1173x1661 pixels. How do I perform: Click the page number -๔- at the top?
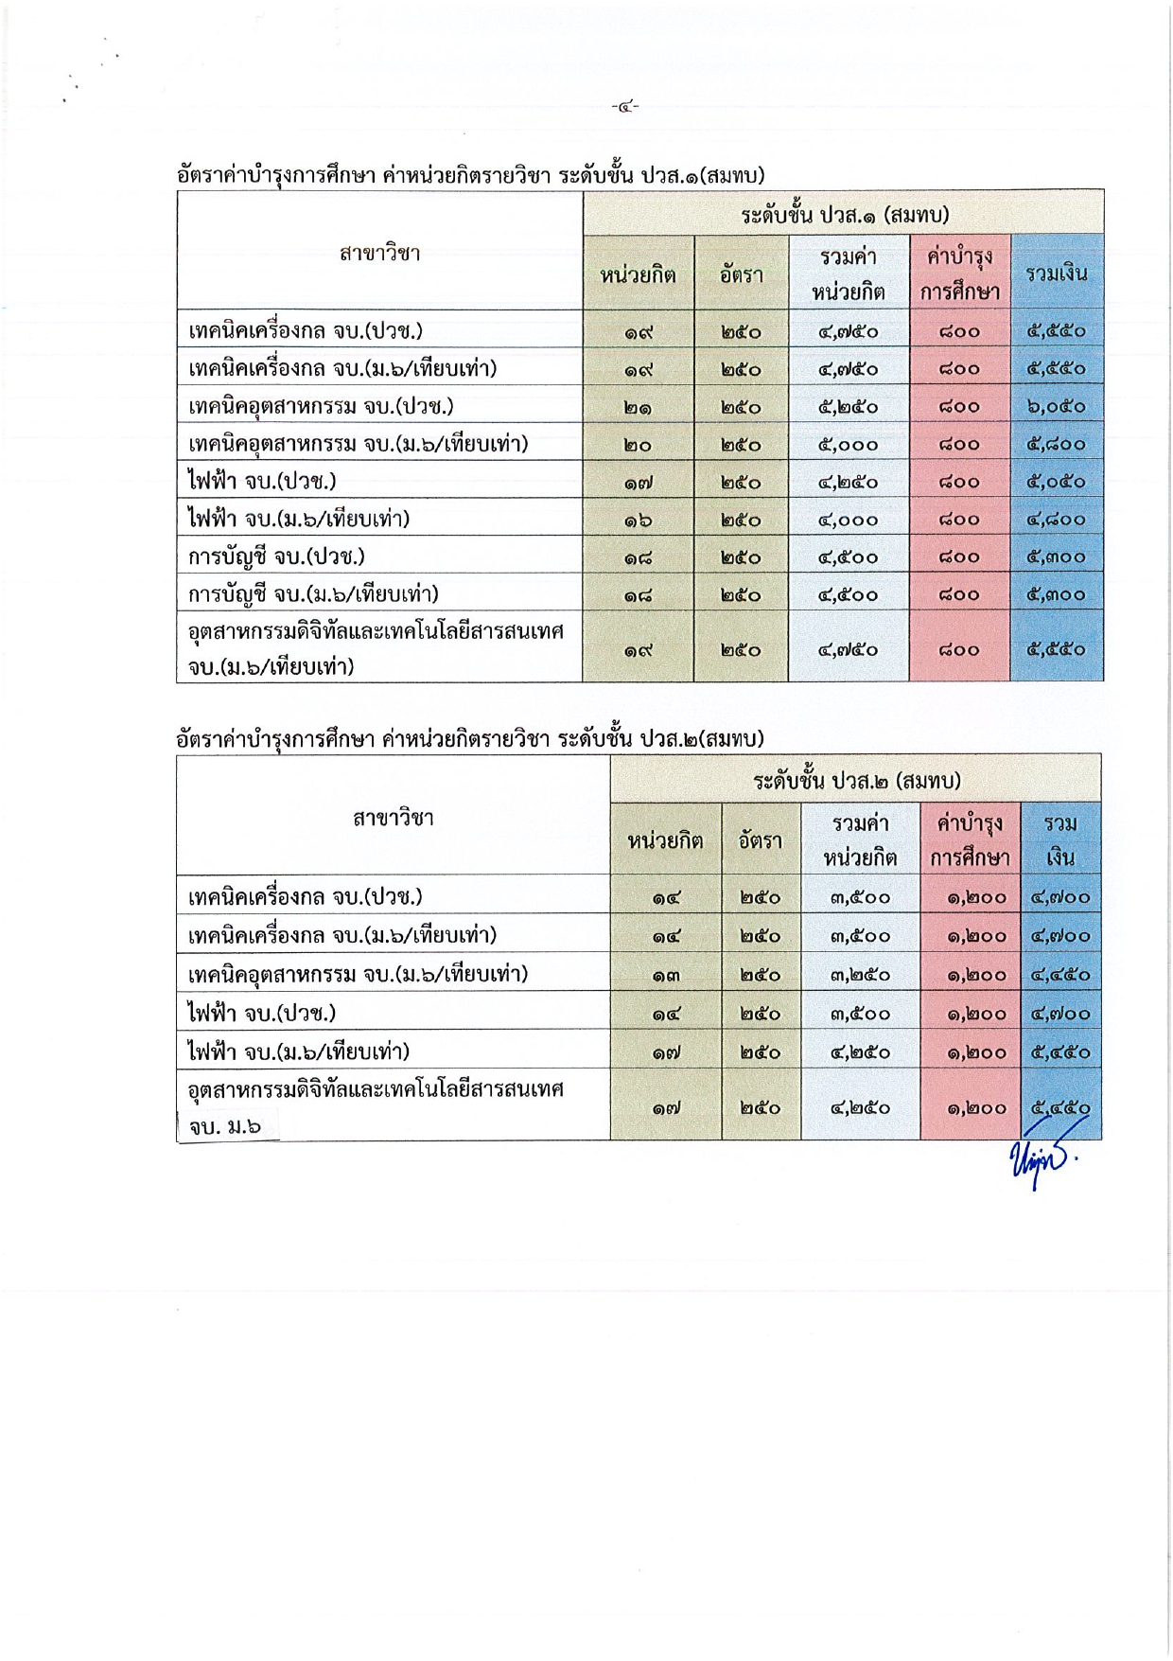[624, 107]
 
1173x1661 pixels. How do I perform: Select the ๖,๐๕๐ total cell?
[1057, 406]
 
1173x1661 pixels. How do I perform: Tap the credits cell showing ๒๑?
[638, 407]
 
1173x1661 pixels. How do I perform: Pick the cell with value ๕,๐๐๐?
[848, 444]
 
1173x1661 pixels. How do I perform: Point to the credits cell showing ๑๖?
[638, 520]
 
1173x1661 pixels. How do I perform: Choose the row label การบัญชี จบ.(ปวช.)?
[276, 557]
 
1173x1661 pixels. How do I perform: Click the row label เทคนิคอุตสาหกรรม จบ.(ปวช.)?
[321, 406]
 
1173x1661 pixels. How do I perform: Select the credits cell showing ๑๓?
[665, 974]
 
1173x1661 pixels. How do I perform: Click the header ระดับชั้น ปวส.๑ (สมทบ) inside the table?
[844, 215]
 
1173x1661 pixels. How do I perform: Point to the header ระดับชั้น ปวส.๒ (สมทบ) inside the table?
[856, 781]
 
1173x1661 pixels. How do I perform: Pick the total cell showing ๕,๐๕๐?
[1057, 482]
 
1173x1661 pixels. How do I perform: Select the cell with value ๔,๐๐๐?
[848, 520]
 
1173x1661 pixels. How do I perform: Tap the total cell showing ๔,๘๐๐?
[1057, 520]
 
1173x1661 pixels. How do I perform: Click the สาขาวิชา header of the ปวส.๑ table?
[379, 253]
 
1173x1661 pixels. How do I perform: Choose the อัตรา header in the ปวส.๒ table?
[761, 839]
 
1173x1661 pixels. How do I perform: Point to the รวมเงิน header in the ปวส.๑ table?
[1057, 274]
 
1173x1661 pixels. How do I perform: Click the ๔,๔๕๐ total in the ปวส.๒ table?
[1060, 974]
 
